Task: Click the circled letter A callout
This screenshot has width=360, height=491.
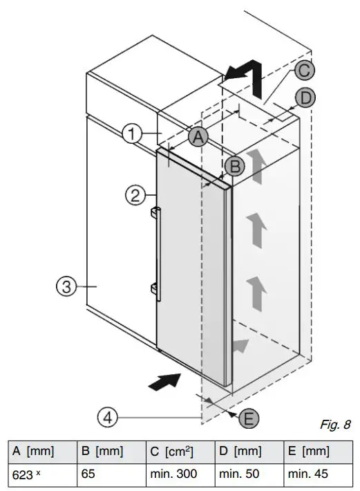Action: coord(198,137)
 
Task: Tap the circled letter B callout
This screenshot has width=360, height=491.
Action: coord(234,165)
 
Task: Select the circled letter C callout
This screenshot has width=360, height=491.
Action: coord(304,70)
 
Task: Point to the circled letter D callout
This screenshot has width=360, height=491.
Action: coord(304,98)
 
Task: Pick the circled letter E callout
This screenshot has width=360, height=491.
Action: coord(249,417)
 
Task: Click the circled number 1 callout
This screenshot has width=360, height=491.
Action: coord(133,133)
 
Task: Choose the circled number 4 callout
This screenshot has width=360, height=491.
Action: coord(106,417)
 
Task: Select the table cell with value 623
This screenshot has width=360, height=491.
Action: coord(41,474)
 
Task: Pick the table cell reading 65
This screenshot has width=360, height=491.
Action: coord(111,474)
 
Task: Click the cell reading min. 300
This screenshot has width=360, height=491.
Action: coord(180,474)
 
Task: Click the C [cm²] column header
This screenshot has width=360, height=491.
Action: coord(180,452)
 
